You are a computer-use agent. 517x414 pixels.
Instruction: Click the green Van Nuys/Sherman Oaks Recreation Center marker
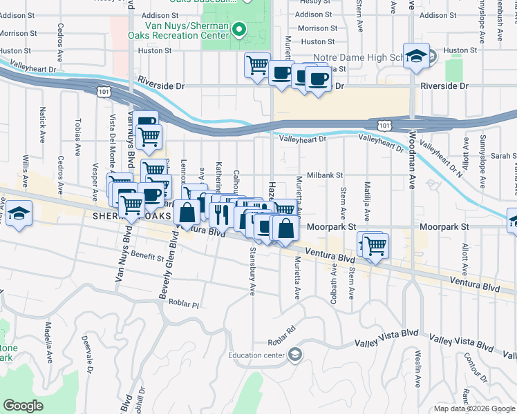click(239, 29)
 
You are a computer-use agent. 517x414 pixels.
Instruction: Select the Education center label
click(257, 355)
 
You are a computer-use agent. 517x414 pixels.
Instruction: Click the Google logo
click(23, 406)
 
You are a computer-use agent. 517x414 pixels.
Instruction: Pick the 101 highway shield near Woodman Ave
click(385, 125)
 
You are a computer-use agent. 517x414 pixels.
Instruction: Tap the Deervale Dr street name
click(89, 351)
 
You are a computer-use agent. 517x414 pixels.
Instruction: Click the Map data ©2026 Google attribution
click(475, 408)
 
